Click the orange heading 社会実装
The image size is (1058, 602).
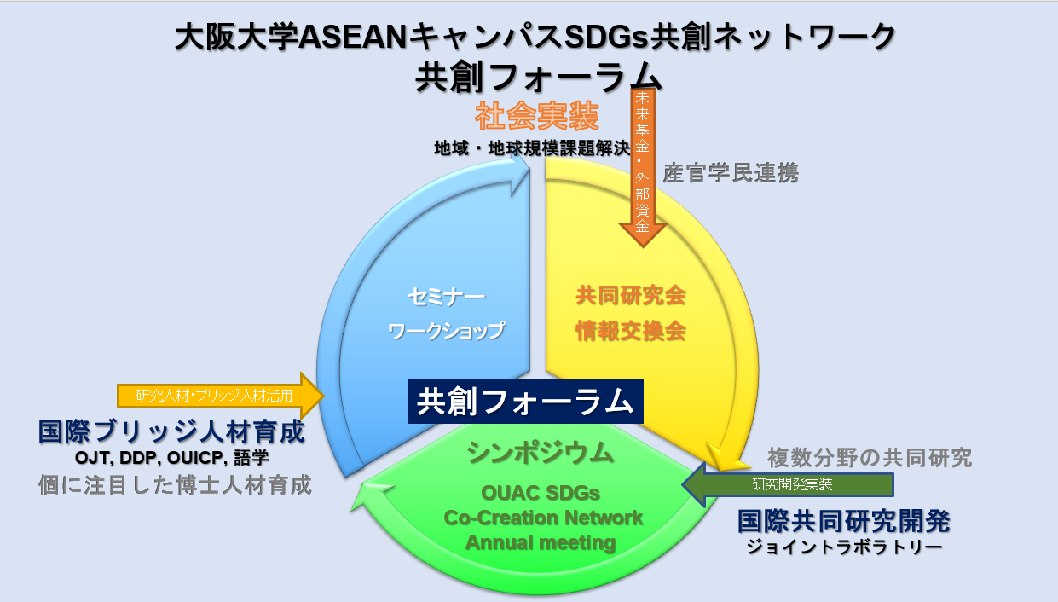pyautogui.click(x=536, y=115)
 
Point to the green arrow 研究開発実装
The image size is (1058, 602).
pyautogui.click(x=789, y=484)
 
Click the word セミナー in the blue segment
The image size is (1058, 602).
pyautogui.click(x=446, y=298)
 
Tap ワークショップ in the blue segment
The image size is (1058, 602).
pyautogui.click(x=446, y=330)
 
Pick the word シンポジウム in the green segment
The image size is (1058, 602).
pyautogui.click(x=541, y=453)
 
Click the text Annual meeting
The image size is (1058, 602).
pyautogui.click(x=541, y=542)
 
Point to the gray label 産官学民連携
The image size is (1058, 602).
pyautogui.click(x=731, y=173)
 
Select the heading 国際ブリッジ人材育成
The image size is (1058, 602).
pyautogui.click(x=171, y=431)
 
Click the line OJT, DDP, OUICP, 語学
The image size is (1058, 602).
pyautogui.click(x=171, y=458)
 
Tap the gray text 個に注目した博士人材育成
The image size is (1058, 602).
pyautogui.click(x=175, y=485)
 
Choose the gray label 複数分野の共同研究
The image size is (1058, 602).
pyautogui.click(x=870, y=458)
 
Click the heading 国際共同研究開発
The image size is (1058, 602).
pyautogui.click(x=844, y=520)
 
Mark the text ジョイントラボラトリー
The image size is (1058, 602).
pyautogui.click(x=844, y=547)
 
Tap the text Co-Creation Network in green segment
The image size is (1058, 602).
pyautogui.click(x=543, y=518)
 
